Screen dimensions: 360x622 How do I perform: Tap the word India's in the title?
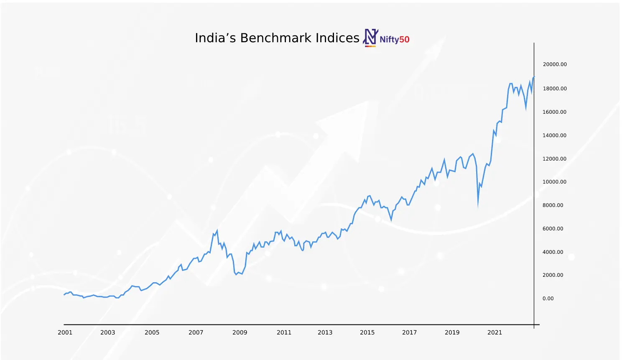(x=216, y=38)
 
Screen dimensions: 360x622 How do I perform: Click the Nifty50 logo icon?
(x=370, y=37)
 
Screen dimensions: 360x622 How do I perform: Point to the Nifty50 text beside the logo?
(x=394, y=40)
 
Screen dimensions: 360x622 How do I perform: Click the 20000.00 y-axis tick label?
(x=555, y=64)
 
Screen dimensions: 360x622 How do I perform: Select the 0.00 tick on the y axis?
(x=548, y=299)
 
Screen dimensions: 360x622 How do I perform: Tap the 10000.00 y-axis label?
(x=555, y=182)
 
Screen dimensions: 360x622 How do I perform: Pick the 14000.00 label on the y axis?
(x=555, y=135)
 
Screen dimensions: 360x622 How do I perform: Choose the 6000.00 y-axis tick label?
(x=553, y=229)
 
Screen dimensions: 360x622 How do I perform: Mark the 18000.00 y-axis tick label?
(x=555, y=89)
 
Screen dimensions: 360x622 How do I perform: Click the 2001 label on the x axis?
(x=65, y=332)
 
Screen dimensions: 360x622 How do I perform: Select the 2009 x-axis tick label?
(x=240, y=332)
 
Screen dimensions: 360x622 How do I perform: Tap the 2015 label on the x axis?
(x=367, y=332)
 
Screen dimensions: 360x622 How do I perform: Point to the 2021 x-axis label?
(x=495, y=332)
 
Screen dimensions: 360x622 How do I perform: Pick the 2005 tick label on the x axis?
(x=152, y=332)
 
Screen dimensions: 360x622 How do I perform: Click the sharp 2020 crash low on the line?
(x=478, y=206)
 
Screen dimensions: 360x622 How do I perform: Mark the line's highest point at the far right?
(x=533, y=77)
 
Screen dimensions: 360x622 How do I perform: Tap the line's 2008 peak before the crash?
(x=217, y=230)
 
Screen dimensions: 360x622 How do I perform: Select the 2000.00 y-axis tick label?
(x=553, y=275)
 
